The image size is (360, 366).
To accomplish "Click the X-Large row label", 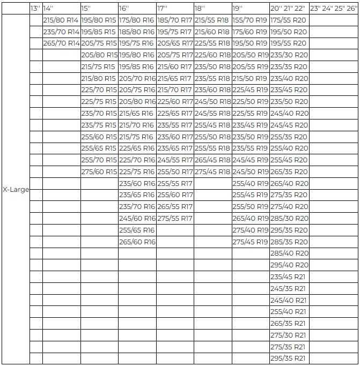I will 16,190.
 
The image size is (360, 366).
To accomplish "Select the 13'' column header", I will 35,9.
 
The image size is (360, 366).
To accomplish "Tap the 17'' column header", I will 163,9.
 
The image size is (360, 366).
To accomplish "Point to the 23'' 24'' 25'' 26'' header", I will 333,9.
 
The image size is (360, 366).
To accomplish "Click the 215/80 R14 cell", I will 61,20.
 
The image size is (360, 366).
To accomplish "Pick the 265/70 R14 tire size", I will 61,43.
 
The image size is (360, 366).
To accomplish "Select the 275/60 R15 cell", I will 99,172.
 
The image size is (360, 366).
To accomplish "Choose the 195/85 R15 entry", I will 99,32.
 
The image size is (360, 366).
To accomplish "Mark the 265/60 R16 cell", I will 137,242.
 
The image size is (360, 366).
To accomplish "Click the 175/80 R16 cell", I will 137,20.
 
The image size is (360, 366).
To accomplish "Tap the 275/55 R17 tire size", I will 175,219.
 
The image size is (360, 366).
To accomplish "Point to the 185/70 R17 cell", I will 175,20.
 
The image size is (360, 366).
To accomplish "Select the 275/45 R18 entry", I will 212,172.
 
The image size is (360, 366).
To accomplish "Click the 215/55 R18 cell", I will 212,20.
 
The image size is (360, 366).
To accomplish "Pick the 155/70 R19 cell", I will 250,20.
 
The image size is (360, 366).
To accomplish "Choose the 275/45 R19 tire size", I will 250,242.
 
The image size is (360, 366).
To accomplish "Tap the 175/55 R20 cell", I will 289,20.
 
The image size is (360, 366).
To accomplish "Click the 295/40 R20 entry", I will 289,265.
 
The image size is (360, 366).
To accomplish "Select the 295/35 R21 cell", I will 289,359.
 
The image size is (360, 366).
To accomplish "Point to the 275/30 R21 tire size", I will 289,335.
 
